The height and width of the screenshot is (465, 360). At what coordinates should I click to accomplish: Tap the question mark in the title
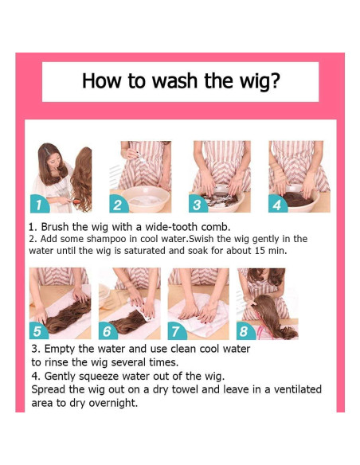point(276,80)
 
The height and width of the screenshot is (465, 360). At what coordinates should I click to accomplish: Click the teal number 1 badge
point(39,204)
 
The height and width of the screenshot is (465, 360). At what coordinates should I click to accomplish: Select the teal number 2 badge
point(119,204)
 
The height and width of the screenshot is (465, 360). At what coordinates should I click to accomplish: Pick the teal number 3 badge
point(198,204)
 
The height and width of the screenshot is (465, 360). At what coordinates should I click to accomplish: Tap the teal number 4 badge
point(278,204)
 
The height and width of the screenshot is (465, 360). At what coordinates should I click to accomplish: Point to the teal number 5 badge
point(38,330)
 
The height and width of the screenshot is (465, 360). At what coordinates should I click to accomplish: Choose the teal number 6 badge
point(108,330)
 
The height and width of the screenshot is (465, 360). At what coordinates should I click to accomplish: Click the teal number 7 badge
point(177,330)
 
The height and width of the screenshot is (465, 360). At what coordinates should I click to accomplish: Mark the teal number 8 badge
point(246,330)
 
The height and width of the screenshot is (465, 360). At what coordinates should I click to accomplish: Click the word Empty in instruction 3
point(59,350)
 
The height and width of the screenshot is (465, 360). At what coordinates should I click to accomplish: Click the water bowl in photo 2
point(145,198)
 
